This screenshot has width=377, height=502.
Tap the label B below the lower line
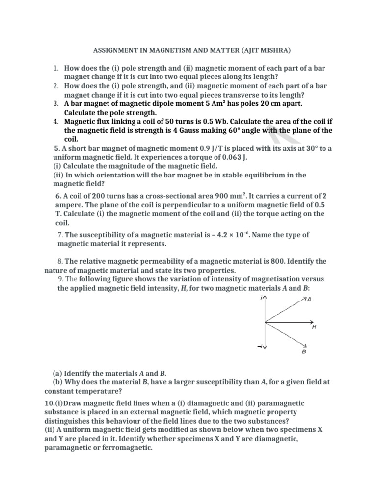coord(304,351)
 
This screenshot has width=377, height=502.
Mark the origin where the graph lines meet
coord(265,322)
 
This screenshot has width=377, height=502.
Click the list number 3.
coord(55,103)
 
